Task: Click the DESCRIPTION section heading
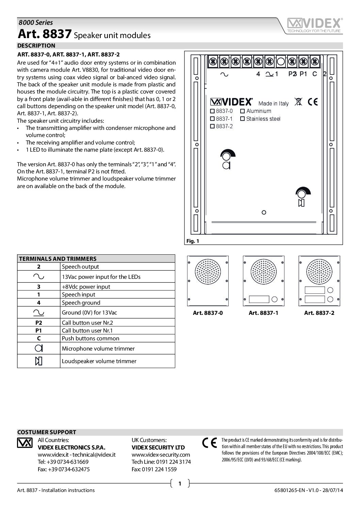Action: (x=36, y=46)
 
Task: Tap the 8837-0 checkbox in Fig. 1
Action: (x=213, y=111)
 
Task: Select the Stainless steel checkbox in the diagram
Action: (x=242, y=119)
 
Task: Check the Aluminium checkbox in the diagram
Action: (x=242, y=111)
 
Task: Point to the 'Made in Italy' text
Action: (x=273, y=103)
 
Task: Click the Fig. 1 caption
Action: (x=192, y=241)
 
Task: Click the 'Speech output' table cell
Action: (x=80, y=267)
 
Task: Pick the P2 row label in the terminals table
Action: (x=39, y=322)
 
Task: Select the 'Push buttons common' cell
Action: (x=90, y=339)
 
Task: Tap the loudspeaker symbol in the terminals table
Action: (x=39, y=361)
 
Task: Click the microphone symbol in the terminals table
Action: (x=39, y=348)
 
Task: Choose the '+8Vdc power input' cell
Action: (x=86, y=287)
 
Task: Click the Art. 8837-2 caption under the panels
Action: (x=319, y=313)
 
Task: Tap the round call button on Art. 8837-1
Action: (x=275, y=299)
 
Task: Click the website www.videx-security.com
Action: (x=161, y=455)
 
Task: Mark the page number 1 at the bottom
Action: (x=180, y=483)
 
